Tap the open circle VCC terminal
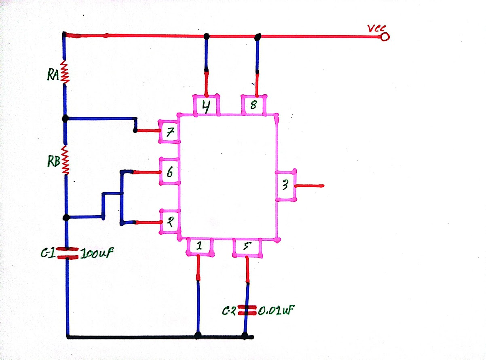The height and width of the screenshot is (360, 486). pos(385,37)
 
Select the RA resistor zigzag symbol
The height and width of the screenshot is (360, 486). pos(65,72)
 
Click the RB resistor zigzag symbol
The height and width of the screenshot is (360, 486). pos(65,160)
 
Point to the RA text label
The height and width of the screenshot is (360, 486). pos(53,75)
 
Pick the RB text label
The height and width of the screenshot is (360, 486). pos(54,161)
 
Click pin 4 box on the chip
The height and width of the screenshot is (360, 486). pos(206,105)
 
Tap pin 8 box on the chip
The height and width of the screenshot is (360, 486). pos(254,105)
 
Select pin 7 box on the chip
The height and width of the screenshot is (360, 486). pos(169,131)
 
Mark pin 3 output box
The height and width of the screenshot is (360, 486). pos(286,185)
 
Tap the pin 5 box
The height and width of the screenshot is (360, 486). pos(247,248)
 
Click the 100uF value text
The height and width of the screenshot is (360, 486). pos(97,254)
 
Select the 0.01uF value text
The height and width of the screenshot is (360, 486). pos(276,310)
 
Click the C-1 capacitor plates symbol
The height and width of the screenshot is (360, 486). pos(68,253)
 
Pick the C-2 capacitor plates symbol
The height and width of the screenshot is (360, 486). pos(247,310)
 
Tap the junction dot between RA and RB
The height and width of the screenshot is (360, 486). pos(65,119)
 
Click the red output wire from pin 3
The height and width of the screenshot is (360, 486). pos(309,186)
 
